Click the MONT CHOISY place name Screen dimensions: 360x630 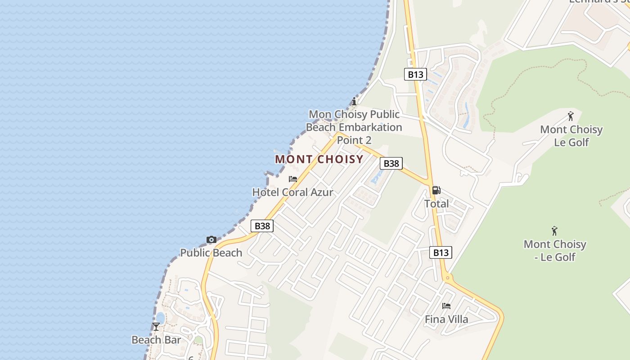point(319,159)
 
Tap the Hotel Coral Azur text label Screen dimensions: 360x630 point(292,192)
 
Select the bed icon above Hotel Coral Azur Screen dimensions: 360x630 point(293,179)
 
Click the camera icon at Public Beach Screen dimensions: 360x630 point(211,240)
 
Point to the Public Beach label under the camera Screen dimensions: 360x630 point(211,253)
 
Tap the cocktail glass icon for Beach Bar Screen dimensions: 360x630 point(156,326)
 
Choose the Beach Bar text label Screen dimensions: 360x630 point(156,340)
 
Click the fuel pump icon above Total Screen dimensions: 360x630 point(436,190)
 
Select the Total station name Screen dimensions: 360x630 point(436,204)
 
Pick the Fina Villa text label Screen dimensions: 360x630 point(446,319)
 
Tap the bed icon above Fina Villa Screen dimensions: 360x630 point(446,306)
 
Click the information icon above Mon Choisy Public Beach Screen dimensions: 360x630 point(355,101)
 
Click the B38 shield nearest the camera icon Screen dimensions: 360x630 point(262,226)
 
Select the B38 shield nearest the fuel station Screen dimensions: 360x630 point(391,163)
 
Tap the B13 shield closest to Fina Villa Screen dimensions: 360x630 point(441,252)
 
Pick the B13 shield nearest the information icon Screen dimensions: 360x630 point(415,74)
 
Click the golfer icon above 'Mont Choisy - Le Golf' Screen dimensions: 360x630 point(554,231)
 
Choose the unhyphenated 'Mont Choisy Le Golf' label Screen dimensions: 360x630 point(571,136)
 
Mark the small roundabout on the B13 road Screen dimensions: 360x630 point(447,278)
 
